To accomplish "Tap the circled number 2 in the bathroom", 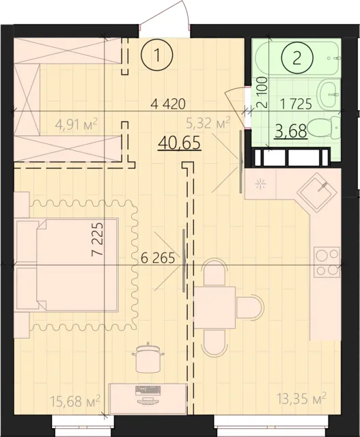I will point(296,57).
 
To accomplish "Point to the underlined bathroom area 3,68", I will point(290,130).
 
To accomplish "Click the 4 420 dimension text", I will point(168,104).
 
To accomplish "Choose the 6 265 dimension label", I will point(158,259).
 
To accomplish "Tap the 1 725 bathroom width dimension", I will point(296,105).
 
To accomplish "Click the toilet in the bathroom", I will point(322,127).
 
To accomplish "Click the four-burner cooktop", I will point(327,262).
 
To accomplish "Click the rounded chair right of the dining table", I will point(252,308).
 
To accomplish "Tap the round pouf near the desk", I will point(148,357).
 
